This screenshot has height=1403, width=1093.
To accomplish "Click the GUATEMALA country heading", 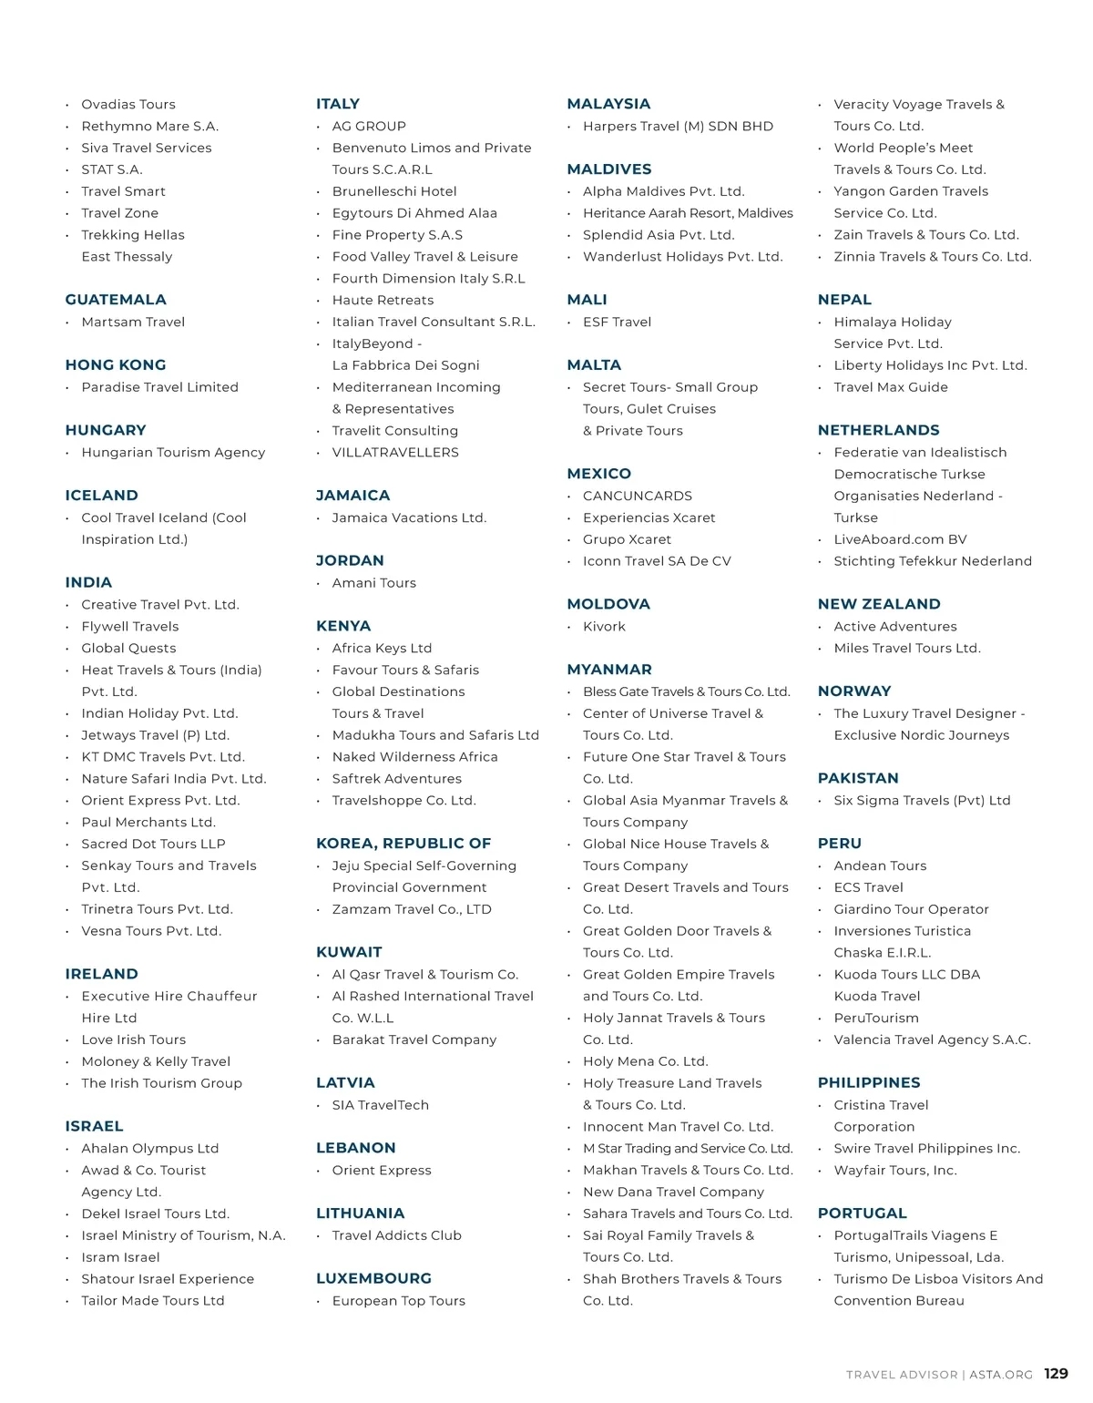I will pos(116,300).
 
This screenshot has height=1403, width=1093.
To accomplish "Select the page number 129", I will pos(1056,1374).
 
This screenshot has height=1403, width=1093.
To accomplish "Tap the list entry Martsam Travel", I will pos(133,322).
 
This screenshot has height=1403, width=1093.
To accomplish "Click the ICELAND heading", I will pos(102,496).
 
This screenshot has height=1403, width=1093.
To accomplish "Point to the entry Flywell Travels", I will pos(130,627).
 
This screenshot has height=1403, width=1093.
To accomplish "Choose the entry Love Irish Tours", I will pos(134,1039).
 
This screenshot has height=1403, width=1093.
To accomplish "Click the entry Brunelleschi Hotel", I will pos(394,191).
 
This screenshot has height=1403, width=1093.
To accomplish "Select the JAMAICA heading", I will pos(352,496).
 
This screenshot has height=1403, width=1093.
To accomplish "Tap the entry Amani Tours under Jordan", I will pos(374,583).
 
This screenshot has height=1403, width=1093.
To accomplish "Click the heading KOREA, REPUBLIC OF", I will pos(403,844).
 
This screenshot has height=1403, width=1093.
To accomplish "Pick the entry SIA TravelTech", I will pos(381,1105).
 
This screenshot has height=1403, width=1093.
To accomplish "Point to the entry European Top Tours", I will pos(399,1301).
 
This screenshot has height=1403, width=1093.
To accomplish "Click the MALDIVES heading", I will pos(609,169).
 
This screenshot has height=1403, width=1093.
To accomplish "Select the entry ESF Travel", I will pos(618,322).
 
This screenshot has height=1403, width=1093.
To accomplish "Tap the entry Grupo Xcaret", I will pos(628,539).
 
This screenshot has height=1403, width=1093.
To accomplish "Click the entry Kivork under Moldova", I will pos(605,627).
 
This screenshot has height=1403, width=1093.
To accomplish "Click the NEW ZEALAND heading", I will pos(879,604).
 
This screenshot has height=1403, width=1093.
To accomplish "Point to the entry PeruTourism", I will pos(876,1018).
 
